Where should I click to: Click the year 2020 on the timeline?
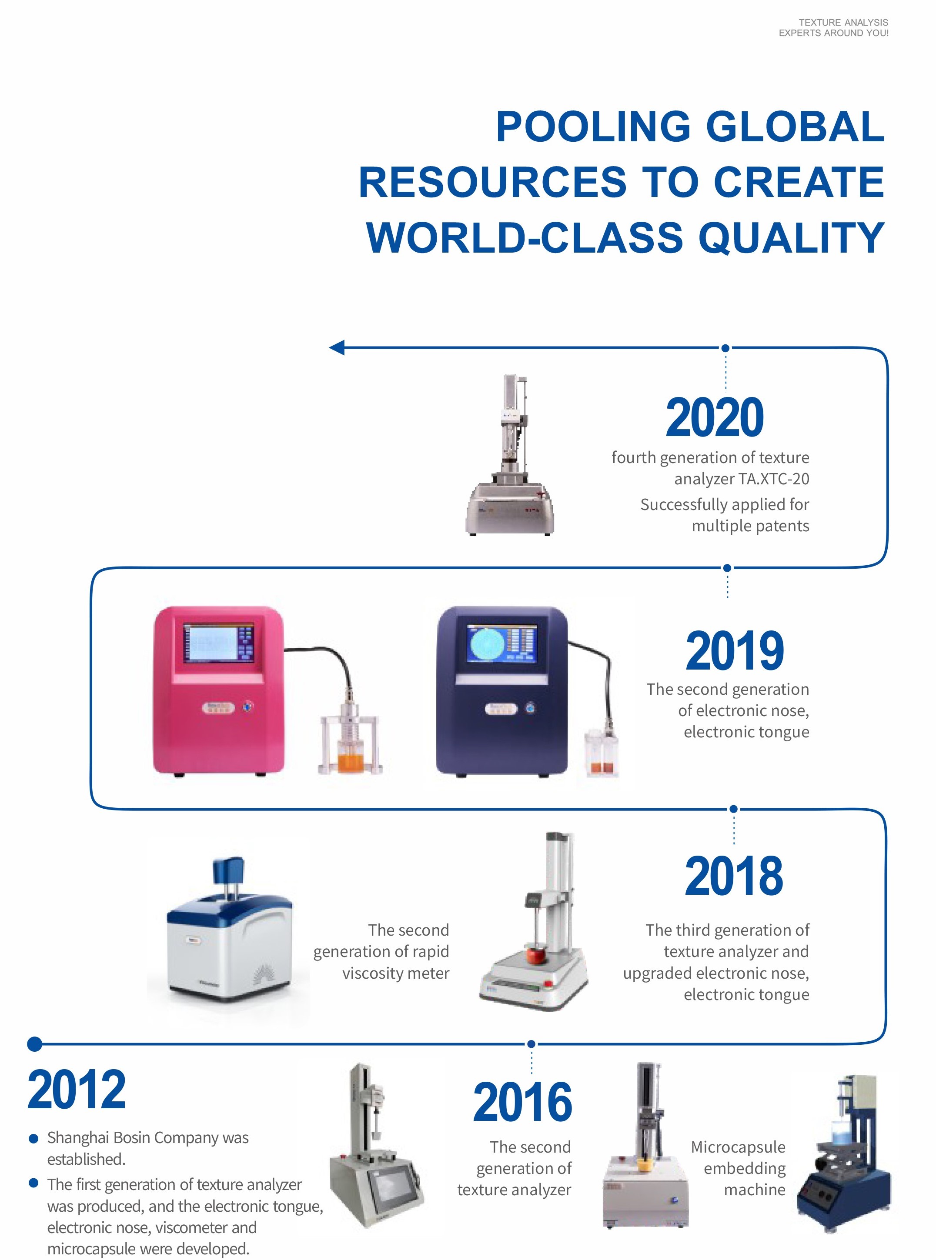pos(715,418)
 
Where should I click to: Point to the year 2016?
pos(522,1102)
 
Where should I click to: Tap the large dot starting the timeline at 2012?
pos(34,1043)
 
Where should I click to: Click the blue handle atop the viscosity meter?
pos(228,870)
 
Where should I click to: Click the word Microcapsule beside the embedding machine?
pos(738,1147)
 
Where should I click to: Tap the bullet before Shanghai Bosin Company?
pos(34,1139)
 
